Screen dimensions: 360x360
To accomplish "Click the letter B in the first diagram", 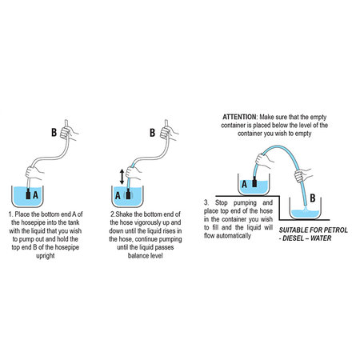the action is (x=54, y=132).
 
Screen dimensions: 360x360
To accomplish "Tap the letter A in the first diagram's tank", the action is (x=35, y=195).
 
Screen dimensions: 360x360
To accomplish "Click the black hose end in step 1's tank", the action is (x=28, y=194).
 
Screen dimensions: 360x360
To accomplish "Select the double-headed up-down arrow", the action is (x=122, y=177).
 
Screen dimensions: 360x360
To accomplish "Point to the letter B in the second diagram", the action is (x=152, y=133).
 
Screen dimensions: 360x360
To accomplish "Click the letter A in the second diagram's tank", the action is (x=118, y=196).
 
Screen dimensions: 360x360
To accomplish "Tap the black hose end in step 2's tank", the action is (x=128, y=194).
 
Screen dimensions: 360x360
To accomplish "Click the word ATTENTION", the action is (x=239, y=117).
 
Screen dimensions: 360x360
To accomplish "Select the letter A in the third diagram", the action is (x=244, y=184).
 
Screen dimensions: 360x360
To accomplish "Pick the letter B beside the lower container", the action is (x=313, y=198).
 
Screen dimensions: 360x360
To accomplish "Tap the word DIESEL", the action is (x=293, y=238).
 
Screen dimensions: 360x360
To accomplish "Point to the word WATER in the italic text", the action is (x=321, y=238).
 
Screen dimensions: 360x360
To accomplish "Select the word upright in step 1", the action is (x=46, y=256).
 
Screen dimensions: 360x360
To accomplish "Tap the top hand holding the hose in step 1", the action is (x=68, y=133).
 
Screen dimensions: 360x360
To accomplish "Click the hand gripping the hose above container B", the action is (x=302, y=176).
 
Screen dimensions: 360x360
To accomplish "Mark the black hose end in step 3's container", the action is (x=254, y=181).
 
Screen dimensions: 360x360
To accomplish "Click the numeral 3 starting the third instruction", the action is (x=206, y=202).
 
